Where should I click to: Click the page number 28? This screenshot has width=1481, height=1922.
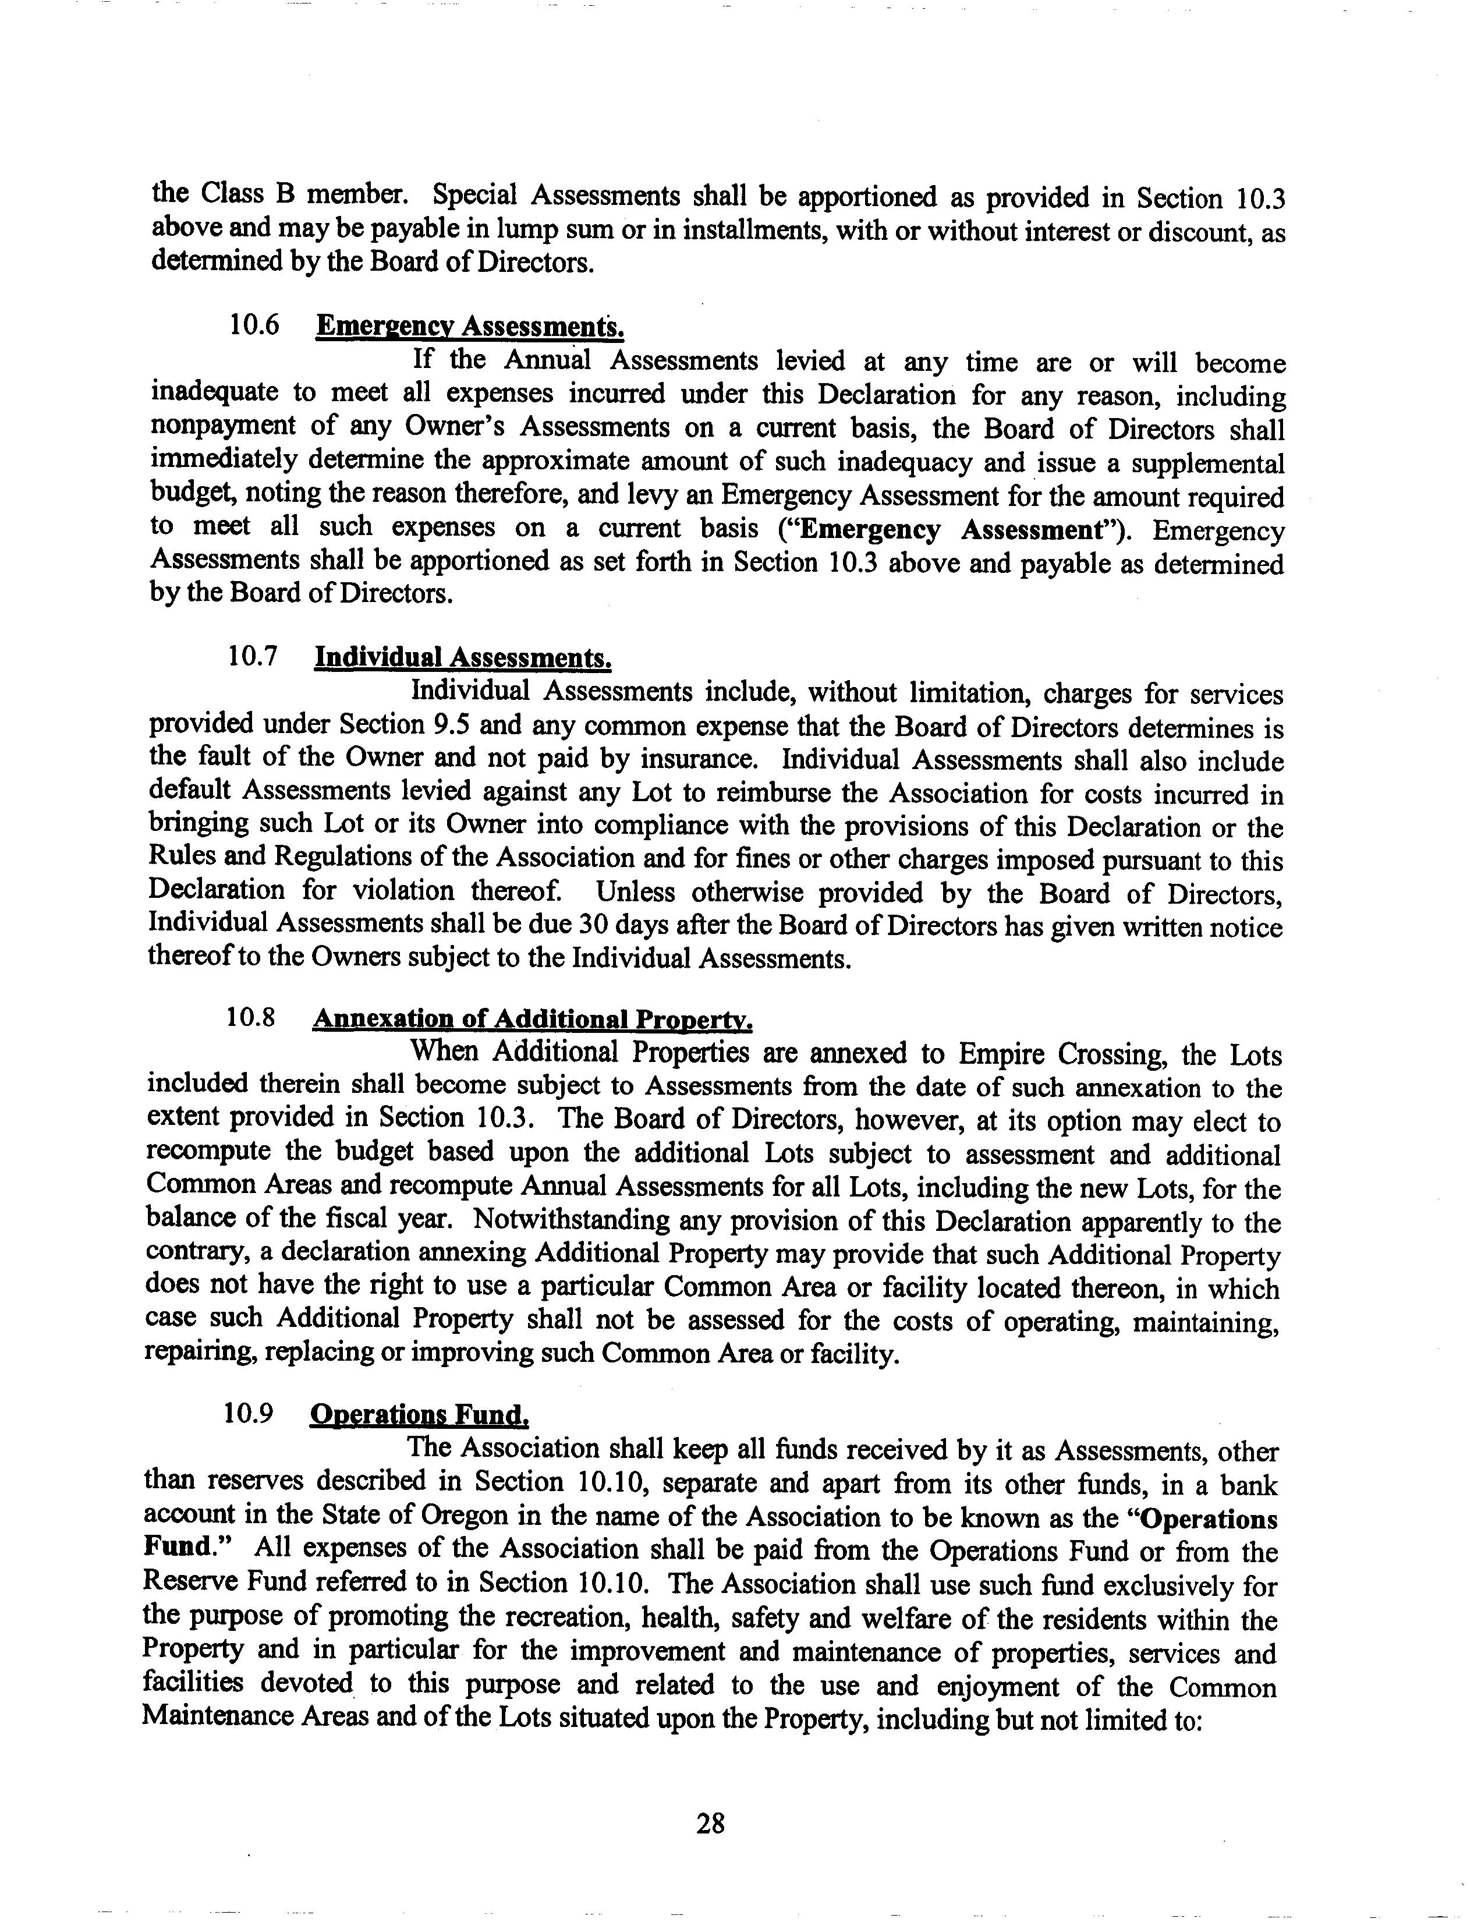(709, 1824)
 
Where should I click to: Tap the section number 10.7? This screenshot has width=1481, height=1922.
(253, 657)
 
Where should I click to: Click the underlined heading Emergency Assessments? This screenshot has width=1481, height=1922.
(470, 327)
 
